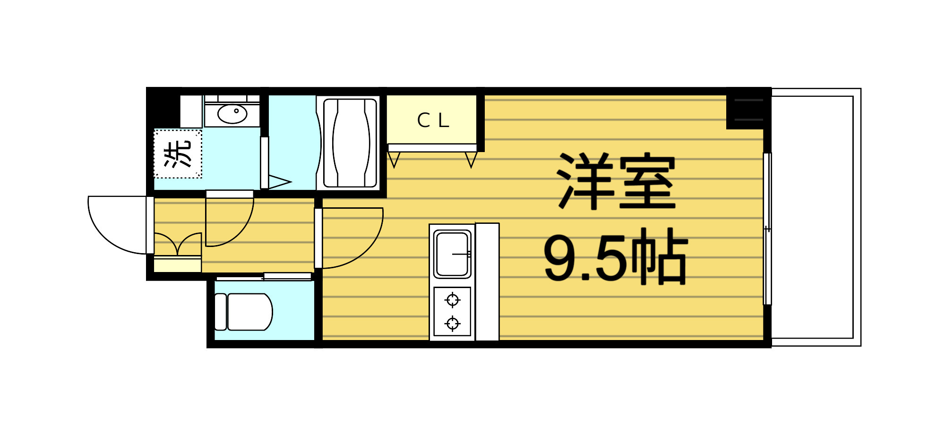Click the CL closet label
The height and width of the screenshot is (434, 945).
433,120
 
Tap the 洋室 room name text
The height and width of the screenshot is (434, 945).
617,181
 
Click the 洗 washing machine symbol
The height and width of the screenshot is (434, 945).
178,154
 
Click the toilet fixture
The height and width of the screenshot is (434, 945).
244,312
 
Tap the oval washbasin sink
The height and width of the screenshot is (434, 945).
232,113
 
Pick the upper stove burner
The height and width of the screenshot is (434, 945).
453,299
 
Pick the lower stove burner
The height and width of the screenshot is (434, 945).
453,323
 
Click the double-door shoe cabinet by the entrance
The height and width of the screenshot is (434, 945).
178,246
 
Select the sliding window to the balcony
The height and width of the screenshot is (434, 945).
767,229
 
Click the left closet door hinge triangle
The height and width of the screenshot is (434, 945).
394,160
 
